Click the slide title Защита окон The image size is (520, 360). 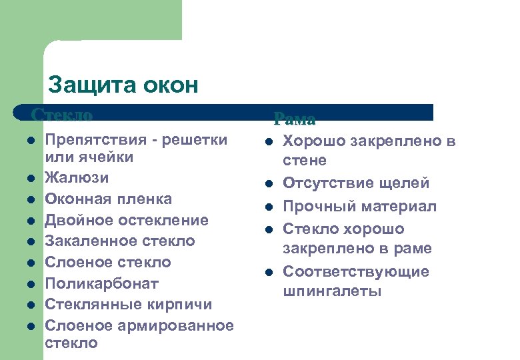tap(123, 85)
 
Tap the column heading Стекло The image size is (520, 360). tap(62, 115)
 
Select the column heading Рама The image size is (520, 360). tap(294, 119)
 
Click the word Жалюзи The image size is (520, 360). tap(77, 178)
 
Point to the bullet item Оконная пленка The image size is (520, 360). tap(108, 199)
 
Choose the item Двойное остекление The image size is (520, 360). tap(127, 221)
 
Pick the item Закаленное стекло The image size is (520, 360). tap(120, 241)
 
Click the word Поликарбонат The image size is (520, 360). tap(101, 284)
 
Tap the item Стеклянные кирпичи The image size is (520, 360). tap(128, 305)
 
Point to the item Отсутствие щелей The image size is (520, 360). tap(356, 183)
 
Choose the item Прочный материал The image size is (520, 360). tap(360, 207)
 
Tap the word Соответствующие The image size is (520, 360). tap(356, 272)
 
